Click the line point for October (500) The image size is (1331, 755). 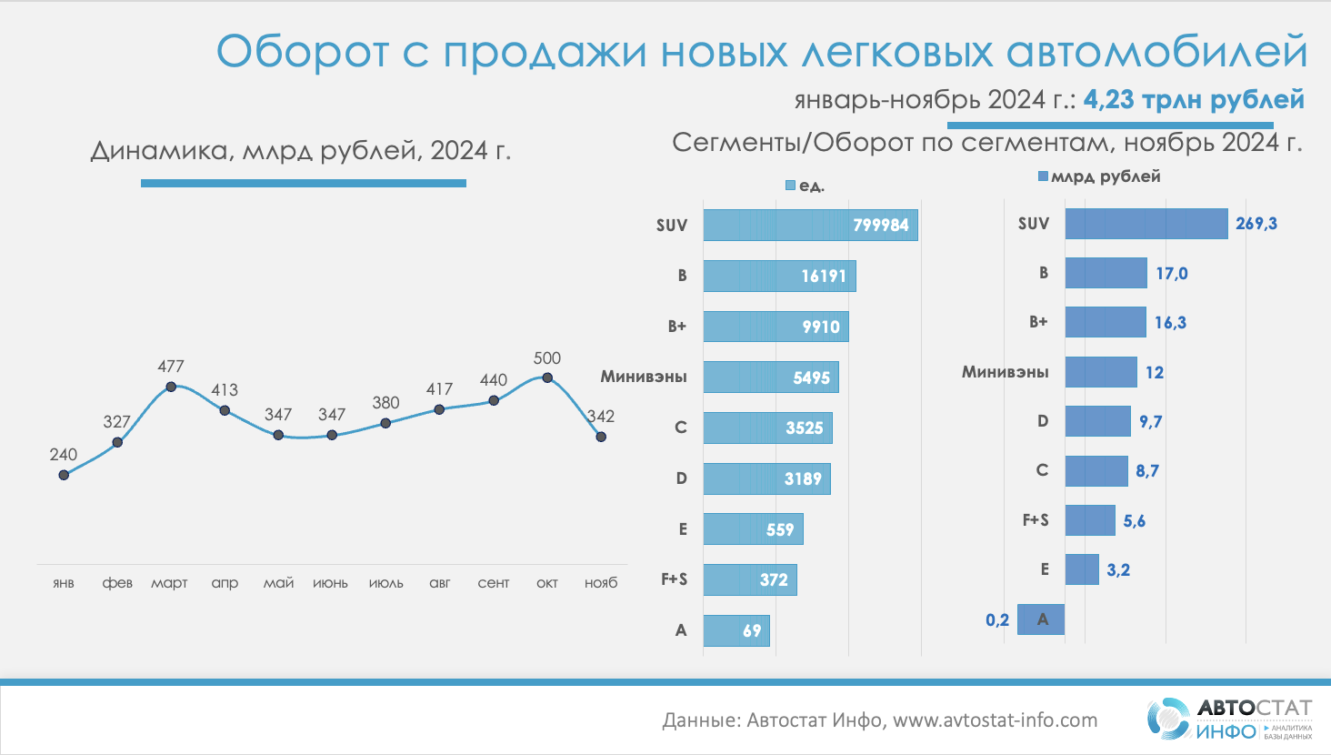point(547,377)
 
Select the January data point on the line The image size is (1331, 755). point(64,474)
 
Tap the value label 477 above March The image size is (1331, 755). point(171,367)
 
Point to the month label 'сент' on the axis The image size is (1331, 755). point(494,583)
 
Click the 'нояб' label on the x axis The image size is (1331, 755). point(601,583)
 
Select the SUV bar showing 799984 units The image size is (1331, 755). point(810,226)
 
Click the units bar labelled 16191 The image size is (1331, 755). point(779,277)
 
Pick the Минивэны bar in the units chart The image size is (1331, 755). point(770,377)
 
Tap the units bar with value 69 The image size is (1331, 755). point(736,630)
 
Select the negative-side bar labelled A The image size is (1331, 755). point(1041,619)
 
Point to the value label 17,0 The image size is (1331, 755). point(1172,274)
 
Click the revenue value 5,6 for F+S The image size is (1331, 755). point(1135,521)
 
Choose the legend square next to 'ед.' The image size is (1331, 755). point(790,186)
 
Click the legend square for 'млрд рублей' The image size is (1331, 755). point(1043,176)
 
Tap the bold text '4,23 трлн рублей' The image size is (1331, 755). point(1194,99)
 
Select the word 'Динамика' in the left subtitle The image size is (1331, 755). point(160,150)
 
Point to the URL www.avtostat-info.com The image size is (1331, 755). point(995,720)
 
